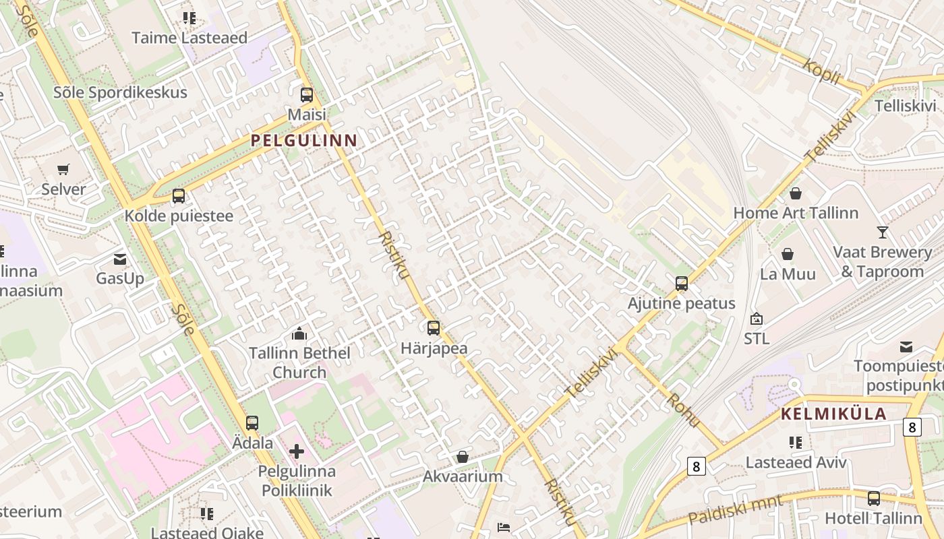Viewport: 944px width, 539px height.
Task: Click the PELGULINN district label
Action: point(304,140)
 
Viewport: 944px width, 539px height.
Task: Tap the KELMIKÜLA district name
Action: point(833,414)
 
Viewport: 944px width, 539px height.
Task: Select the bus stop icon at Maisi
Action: point(307,95)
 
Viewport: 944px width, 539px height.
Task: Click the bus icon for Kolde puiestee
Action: point(179,196)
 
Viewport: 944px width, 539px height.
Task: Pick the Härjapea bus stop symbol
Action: point(434,328)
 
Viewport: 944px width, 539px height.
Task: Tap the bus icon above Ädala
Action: point(252,423)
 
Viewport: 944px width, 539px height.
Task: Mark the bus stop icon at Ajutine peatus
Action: point(682,284)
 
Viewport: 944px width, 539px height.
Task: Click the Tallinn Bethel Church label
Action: point(299,362)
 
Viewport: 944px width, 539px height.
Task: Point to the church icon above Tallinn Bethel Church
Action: point(299,334)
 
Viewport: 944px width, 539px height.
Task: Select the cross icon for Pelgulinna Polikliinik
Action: point(297,451)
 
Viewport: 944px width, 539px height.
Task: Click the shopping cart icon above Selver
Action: point(63,169)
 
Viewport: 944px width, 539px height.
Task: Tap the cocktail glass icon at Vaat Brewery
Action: point(883,232)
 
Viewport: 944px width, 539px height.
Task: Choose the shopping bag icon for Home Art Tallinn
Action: point(796,193)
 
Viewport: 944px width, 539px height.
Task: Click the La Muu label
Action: point(788,274)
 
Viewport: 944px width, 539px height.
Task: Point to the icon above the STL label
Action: point(757,319)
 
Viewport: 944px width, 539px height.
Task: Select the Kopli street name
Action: point(822,71)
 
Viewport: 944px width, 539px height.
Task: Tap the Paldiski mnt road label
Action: point(736,510)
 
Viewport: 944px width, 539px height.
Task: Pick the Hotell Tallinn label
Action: point(873,518)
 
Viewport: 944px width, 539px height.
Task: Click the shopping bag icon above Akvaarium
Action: point(463,457)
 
